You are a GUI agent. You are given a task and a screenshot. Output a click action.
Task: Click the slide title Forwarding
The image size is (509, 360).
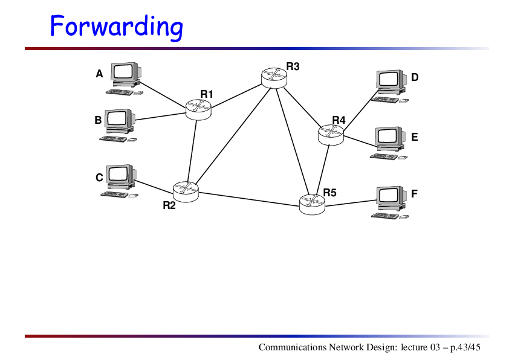click(116, 27)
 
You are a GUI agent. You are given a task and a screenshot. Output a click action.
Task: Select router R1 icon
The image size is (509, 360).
click(198, 109)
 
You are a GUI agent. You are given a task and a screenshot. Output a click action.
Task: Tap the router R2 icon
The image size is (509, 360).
click(186, 191)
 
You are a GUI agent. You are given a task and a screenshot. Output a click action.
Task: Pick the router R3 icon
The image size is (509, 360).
click(274, 78)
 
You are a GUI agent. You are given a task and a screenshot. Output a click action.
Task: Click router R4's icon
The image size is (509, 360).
click(331, 135)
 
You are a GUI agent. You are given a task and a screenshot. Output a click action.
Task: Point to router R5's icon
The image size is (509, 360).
click(312, 204)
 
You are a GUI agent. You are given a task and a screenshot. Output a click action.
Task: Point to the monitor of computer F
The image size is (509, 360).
click(392, 199)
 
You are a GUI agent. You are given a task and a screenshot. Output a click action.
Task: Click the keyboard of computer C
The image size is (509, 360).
click(115, 194)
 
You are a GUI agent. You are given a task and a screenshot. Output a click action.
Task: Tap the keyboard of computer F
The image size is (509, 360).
click(385, 216)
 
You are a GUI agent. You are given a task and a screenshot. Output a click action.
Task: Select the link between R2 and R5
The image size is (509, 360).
click(248, 199)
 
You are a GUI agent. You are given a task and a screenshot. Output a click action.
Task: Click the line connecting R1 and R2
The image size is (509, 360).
click(192, 151)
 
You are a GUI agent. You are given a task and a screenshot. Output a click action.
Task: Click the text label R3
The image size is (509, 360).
click(293, 66)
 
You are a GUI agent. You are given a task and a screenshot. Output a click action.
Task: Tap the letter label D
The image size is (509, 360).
click(415, 77)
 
